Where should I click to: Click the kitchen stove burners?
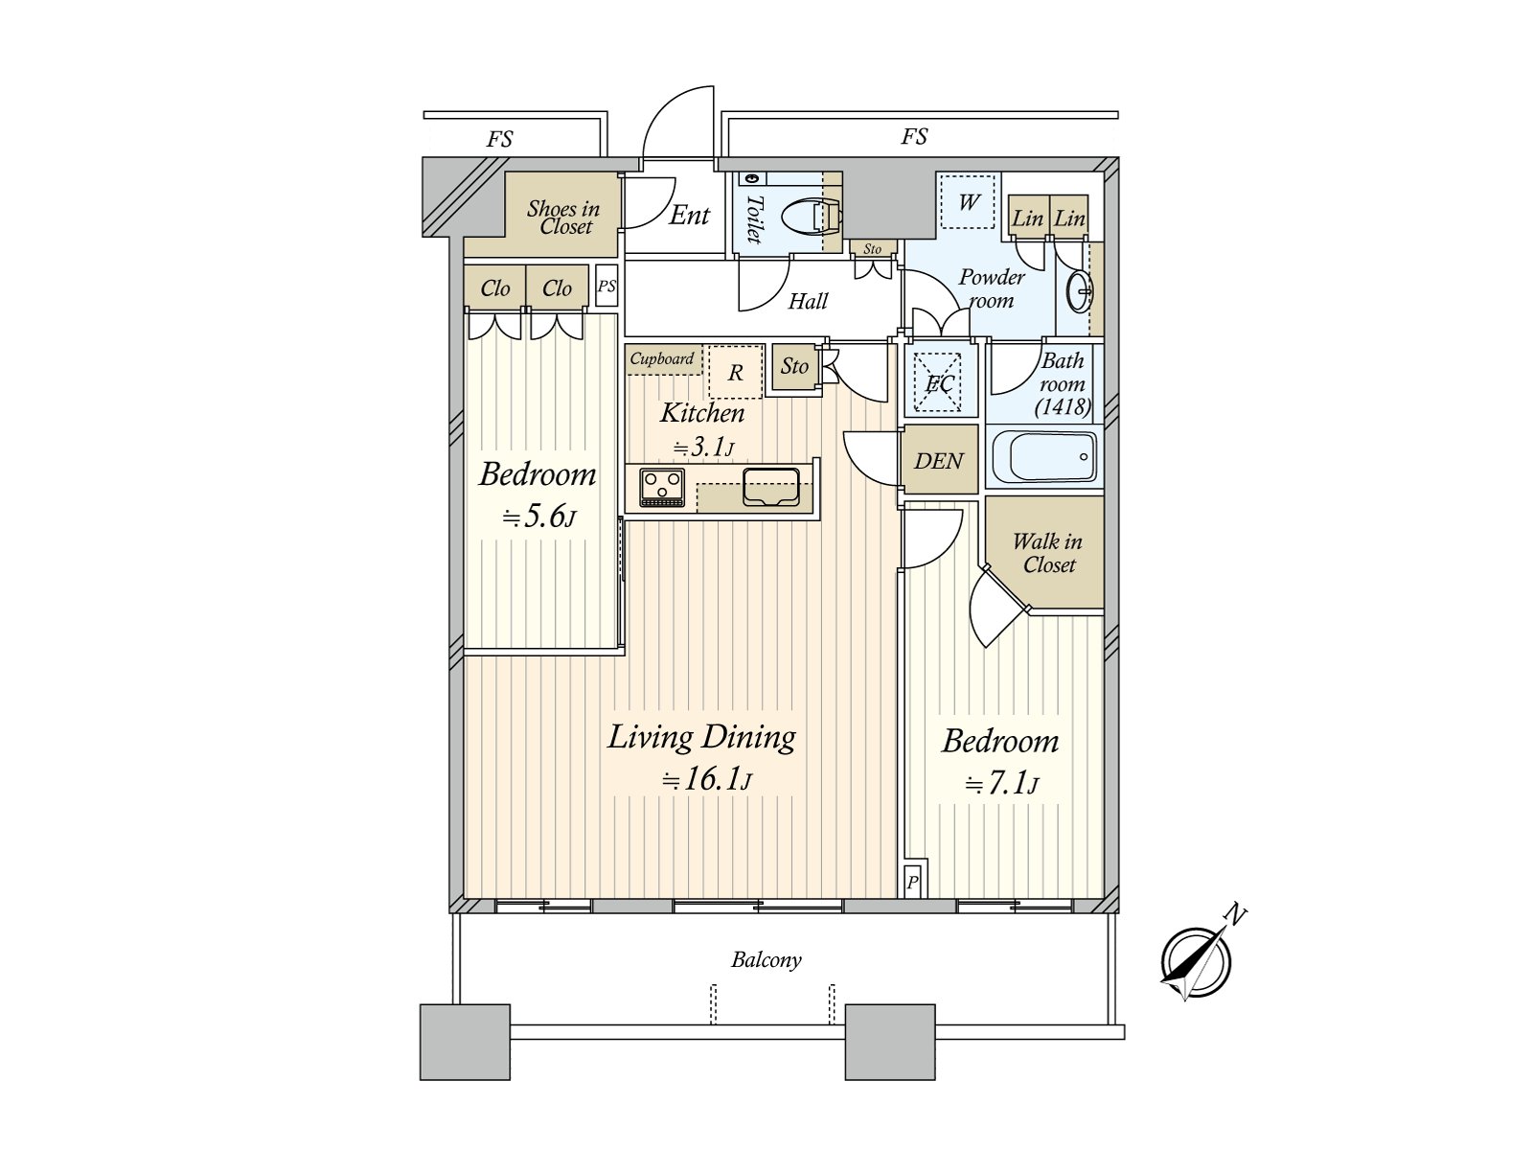662,486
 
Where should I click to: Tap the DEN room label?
939,461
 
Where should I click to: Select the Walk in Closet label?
1047,553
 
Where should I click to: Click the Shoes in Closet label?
563,218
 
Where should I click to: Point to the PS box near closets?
606,287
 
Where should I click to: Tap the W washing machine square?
969,202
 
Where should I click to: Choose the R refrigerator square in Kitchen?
735,372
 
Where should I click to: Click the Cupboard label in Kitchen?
662,359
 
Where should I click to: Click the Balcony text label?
766,959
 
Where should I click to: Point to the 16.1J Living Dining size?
707,779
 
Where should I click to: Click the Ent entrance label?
689,215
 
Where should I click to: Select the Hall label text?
808,302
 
